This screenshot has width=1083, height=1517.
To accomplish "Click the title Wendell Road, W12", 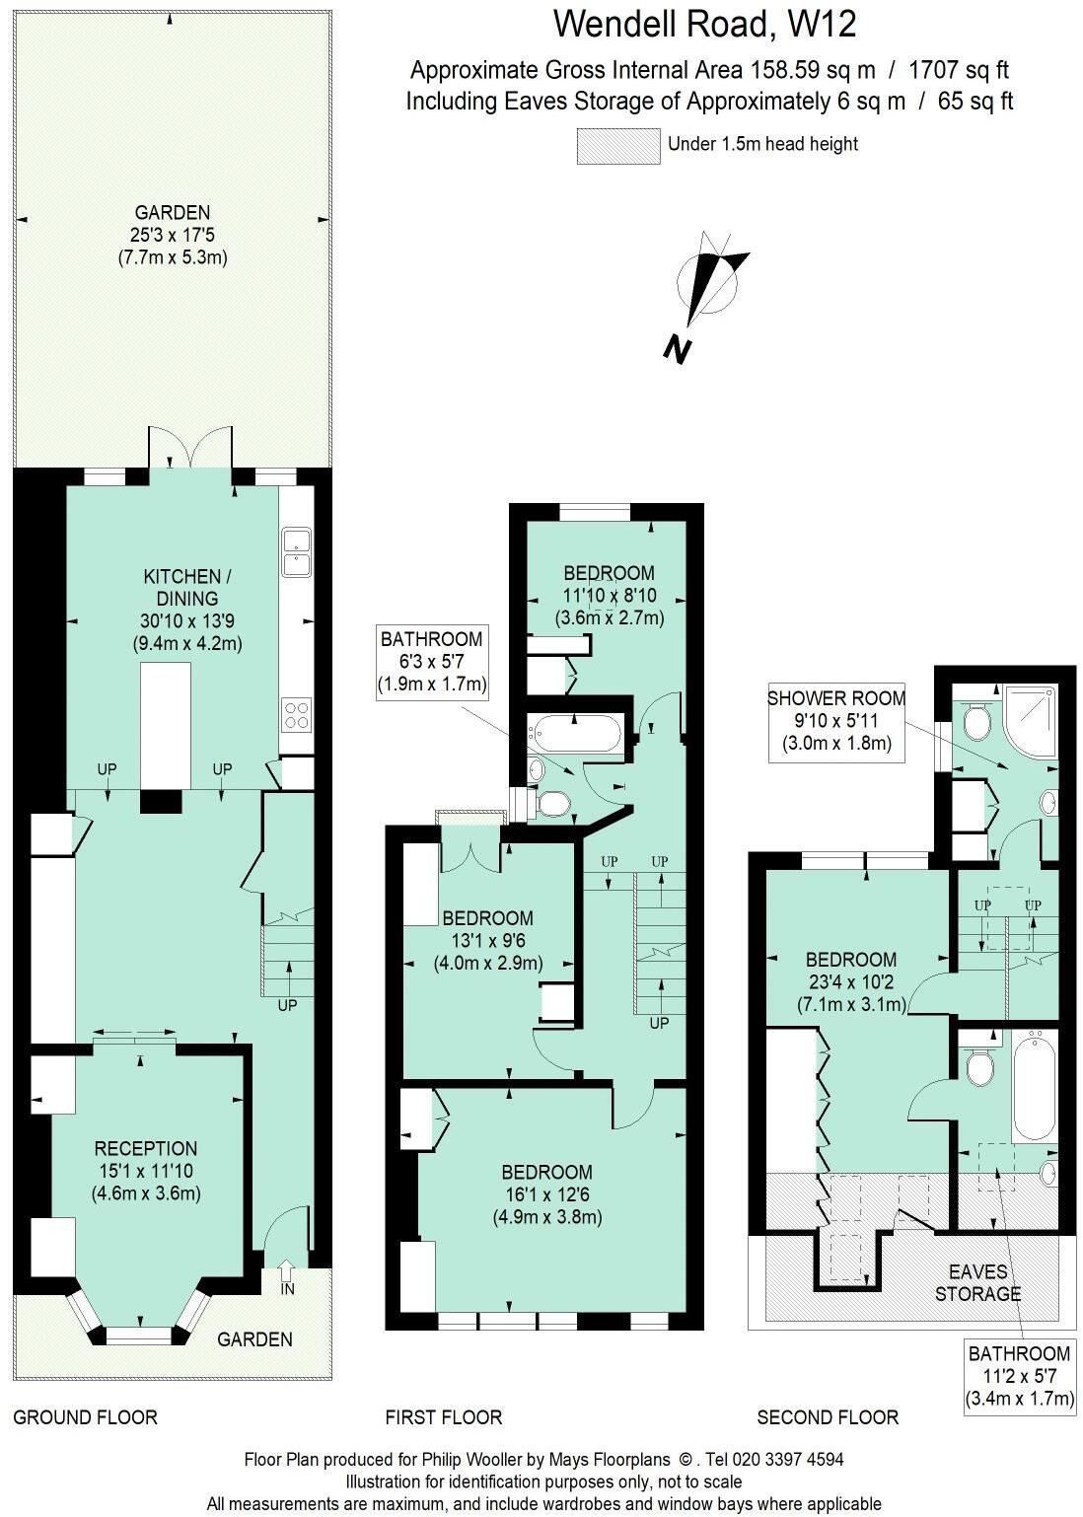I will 704,24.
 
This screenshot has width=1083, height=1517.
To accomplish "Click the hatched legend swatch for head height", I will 617,146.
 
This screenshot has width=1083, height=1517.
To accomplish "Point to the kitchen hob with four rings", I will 296,713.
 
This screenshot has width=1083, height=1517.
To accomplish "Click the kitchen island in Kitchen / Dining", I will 165,725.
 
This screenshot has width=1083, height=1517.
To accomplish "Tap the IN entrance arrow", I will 287,1273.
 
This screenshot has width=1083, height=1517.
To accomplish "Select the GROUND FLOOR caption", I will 85,1417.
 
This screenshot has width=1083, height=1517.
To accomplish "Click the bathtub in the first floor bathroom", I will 577,734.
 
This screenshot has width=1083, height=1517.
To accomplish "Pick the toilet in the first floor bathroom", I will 552,805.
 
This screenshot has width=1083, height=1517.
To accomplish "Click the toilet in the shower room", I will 975,723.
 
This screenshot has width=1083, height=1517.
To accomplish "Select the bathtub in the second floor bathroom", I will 1034,1085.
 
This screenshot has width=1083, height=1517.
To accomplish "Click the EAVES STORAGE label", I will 977,1282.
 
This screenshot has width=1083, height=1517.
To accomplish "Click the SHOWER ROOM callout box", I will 836,721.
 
